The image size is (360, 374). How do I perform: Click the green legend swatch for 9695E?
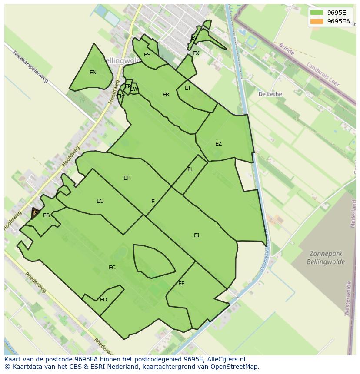point(317,13)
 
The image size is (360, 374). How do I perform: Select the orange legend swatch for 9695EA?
point(317,21)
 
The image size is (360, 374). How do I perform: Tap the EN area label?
point(93,73)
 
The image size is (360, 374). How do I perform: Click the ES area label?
point(147,55)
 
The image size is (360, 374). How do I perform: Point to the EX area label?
point(196,53)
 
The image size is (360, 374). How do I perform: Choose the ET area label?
point(188,88)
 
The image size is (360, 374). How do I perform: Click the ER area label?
point(166,95)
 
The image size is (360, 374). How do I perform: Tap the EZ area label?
point(218,144)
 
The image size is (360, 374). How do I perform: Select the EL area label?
point(190,169)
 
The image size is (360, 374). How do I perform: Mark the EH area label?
point(127,178)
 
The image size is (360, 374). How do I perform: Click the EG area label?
point(100,201)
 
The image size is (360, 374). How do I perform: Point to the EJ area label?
point(197,235)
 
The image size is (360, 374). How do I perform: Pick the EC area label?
point(112,268)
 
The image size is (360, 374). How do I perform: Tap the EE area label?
point(181,284)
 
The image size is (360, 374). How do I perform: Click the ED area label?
point(103,300)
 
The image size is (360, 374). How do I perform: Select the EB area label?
point(46,215)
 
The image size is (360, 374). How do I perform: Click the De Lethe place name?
point(270,94)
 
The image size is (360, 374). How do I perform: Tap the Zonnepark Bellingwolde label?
point(326,258)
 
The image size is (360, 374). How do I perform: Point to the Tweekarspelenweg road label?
point(30,67)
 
